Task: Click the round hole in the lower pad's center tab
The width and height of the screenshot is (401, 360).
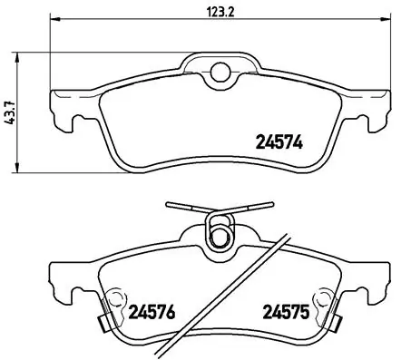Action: click(216, 238)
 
